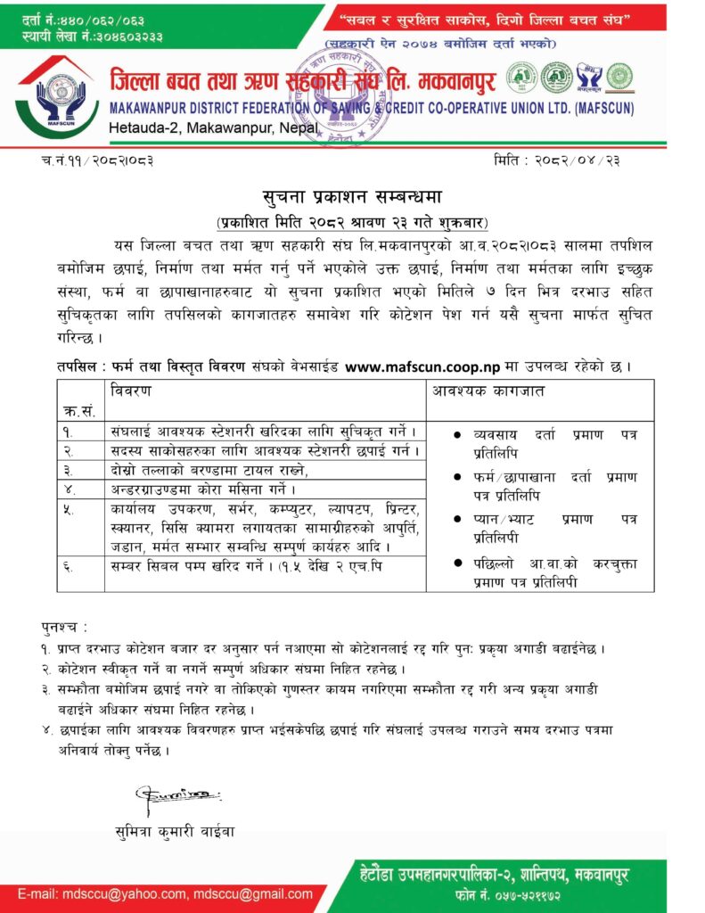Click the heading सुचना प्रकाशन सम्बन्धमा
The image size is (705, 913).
tap(351, 197)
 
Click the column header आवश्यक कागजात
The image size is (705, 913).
tap(482, 391)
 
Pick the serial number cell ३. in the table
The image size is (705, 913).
tap(70, 469)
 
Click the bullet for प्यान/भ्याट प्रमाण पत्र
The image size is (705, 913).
tap(456, 519)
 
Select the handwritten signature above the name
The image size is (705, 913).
tap(177, 794)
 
